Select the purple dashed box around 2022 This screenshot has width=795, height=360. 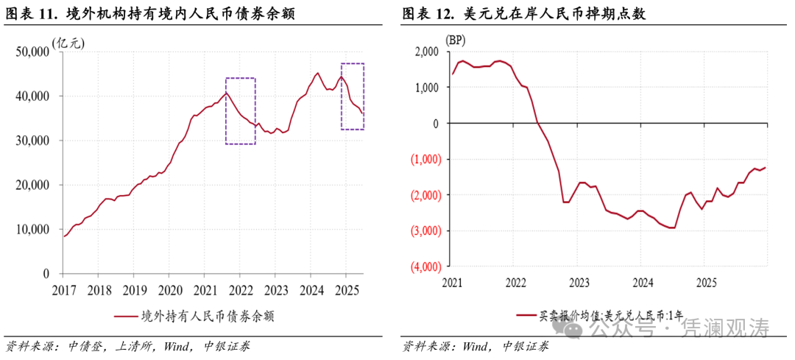point(240,110)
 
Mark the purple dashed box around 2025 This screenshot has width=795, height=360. point(353,96)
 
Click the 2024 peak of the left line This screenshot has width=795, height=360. point(317,73)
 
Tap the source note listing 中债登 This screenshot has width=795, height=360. point(128,346)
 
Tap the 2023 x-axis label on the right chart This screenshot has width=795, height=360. point(579,283)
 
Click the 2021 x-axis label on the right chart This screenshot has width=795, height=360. point(453,283)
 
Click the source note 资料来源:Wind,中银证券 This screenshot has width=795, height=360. point(476,346)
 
